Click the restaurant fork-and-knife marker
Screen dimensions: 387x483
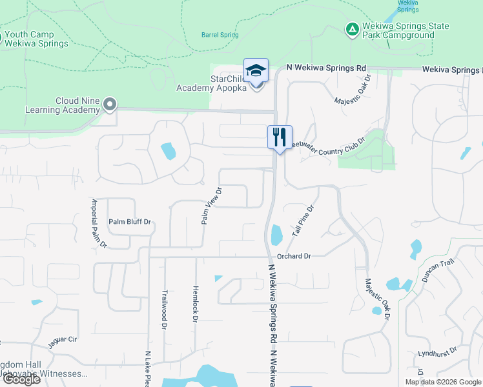[x=280, y=137]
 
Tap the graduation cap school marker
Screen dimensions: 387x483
[x=256, y=70]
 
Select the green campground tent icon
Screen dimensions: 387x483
[x=351, y=30]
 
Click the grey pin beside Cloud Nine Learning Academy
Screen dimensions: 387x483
[x=110, y=103]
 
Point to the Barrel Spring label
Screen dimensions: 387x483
[x=220, y=35]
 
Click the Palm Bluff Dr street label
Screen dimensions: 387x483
[x=129, y=222]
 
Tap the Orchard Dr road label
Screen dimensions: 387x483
[x=294, y=256]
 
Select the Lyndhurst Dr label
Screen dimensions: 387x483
[x=437, y=351]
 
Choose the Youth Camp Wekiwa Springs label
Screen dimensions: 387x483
[x=36, y=39]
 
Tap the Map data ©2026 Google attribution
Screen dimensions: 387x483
[x=443, y=382]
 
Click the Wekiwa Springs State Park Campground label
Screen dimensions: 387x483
[x=406, y=30]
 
